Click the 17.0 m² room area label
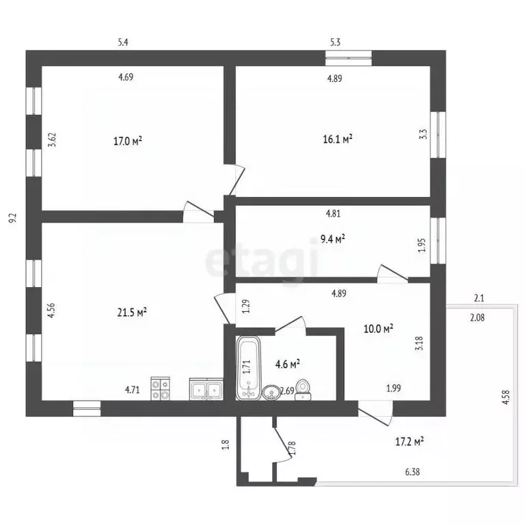point(128,141)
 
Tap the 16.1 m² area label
point(338,139)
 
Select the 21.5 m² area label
point(132,312)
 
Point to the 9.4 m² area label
point(333,239)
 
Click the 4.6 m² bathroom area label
point(287,364)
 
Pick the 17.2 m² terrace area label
point(409,442)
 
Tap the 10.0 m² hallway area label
point(378,329)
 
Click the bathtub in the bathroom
point(248,368)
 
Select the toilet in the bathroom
point(303,390)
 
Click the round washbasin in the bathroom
point(271,392)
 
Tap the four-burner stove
point(160,388)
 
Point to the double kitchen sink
point(206,389)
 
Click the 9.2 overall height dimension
point(13,219)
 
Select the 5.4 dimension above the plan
point(123,42)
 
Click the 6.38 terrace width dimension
point(412,472)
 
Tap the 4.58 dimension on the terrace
point(506,397)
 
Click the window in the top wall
point(349,58)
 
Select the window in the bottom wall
point(87,409)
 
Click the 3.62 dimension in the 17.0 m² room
point(52,140)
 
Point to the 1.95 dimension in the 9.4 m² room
point(422,245)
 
